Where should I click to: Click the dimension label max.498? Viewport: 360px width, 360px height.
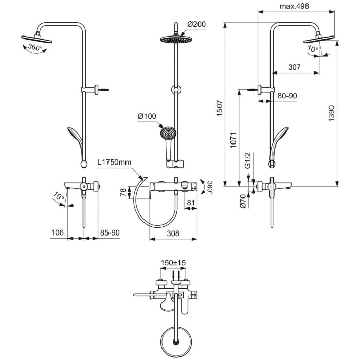pos(298,6)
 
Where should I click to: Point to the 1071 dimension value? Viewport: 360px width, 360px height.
pos(233,140)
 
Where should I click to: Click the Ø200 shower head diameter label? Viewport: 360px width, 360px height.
pos(196,24)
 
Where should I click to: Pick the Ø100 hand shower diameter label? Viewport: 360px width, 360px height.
pos(147,116)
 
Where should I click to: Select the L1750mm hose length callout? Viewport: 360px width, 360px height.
pos(114,162)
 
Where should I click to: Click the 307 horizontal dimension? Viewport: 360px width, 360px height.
pos(294,67)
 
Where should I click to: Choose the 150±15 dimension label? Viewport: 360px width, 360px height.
pos(173,262)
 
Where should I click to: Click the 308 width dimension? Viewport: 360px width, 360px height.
pos(173,233)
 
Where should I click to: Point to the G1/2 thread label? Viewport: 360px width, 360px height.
pos(247,161)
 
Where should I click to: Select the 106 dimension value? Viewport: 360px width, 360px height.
pos(58,233)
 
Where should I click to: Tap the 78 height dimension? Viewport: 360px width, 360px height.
pos(123,192)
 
